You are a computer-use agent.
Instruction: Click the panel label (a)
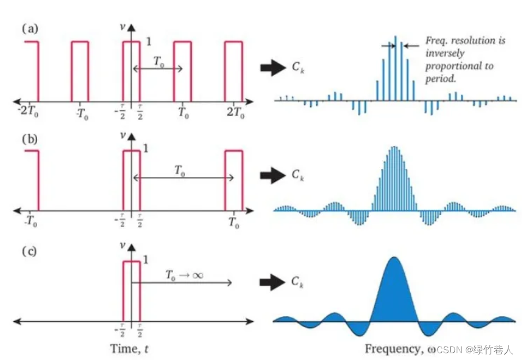pos(29,29)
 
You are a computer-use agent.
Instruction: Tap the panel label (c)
pos(29,250)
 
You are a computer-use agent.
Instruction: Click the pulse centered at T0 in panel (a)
pos(183,70)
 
